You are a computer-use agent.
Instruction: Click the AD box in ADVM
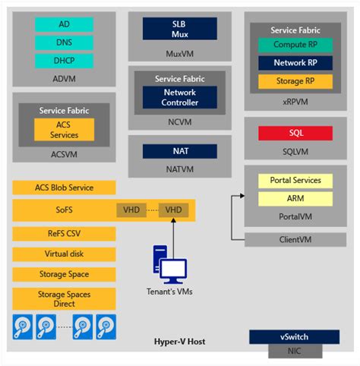[65, 24]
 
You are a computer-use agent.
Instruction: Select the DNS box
[65, 42]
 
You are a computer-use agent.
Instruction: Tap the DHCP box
[65, 60]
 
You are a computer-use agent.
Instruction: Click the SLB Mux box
[180, 29]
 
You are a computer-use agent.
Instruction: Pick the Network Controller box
[180, 97]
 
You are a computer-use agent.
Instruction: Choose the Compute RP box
[295, 46]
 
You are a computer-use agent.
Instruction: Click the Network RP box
[295, 63]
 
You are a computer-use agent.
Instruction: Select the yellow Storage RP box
[295, 81]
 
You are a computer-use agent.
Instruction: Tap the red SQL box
[295, 133]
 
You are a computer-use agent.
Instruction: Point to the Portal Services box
[295, 181]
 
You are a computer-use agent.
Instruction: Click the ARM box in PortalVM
[295, 198]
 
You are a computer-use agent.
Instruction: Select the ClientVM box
[295, 239]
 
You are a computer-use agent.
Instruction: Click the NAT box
[180, 151]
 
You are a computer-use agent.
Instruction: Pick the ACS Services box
[64, 129]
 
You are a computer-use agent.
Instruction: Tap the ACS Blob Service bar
[64, 188]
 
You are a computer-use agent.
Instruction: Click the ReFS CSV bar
[64, 233]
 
